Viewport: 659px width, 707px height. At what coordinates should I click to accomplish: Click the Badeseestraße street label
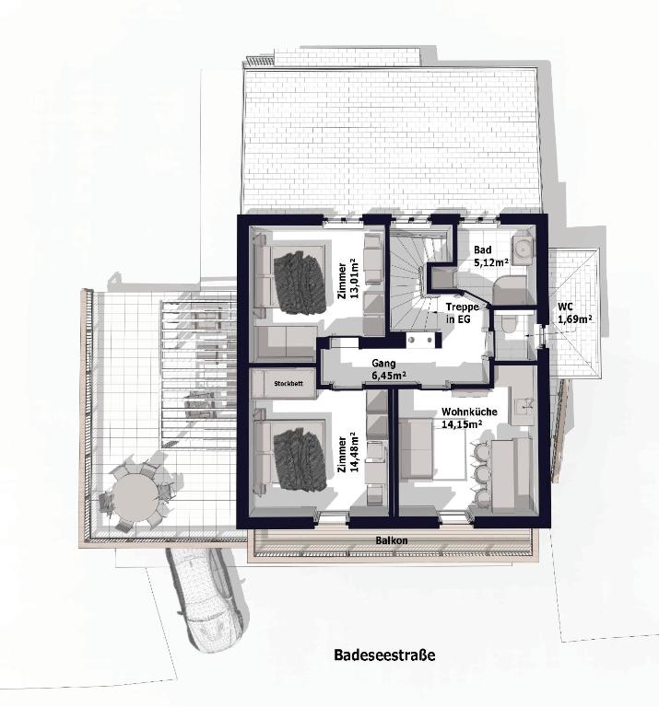(384, 655)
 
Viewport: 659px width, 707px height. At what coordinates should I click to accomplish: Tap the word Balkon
(392, 540)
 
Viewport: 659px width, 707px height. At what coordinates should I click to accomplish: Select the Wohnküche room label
(469, 411)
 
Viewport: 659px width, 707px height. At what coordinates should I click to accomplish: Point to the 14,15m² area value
(460, 423)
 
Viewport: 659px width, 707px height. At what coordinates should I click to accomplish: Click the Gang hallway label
(383, 363)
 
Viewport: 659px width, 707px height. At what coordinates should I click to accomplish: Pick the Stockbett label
(288, 384)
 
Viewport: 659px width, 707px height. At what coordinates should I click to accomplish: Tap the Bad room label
(483, 249)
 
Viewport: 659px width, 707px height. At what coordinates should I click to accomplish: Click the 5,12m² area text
(491, 261)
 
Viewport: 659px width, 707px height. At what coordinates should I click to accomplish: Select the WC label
(565, 307)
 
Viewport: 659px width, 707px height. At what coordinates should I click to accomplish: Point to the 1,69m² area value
(575, 319)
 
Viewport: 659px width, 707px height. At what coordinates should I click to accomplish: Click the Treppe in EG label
(462, 312)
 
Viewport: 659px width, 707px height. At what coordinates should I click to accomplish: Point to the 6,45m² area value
(388, 375)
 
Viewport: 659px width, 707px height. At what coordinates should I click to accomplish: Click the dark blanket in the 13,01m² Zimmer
(300, 283)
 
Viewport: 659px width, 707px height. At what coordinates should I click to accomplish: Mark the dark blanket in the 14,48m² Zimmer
(300, 458)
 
